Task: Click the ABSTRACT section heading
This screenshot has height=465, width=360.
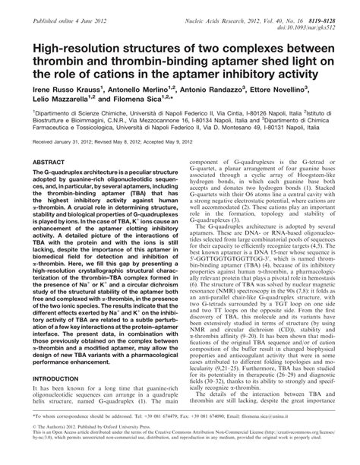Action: (x=49, y=183)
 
